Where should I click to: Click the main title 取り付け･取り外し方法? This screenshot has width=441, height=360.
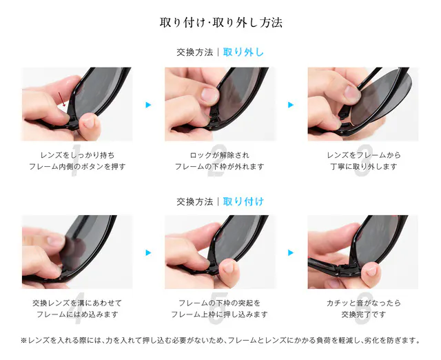220,23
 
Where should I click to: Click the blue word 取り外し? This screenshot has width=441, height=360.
243,52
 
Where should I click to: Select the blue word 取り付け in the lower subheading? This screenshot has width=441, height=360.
243,201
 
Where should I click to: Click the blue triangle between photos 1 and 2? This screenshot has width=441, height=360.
149,105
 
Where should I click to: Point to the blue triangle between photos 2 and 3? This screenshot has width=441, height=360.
291,105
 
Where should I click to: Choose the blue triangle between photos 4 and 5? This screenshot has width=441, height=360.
149,253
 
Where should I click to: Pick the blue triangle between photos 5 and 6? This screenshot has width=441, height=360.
291,253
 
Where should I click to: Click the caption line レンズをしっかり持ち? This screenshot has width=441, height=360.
77,155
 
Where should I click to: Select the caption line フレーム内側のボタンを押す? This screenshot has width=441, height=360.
77,167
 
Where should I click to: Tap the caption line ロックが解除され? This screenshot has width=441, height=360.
219,155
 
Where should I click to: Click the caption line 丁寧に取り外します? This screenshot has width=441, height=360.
363,167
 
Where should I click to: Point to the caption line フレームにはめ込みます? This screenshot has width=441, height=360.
77,314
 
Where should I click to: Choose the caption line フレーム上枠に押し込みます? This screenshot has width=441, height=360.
219,314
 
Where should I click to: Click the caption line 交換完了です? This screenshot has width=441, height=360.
363,314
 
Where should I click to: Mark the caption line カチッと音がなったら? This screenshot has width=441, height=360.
363,303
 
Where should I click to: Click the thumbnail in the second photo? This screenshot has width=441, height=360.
209,95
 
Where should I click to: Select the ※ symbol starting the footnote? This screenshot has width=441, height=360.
23,341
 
